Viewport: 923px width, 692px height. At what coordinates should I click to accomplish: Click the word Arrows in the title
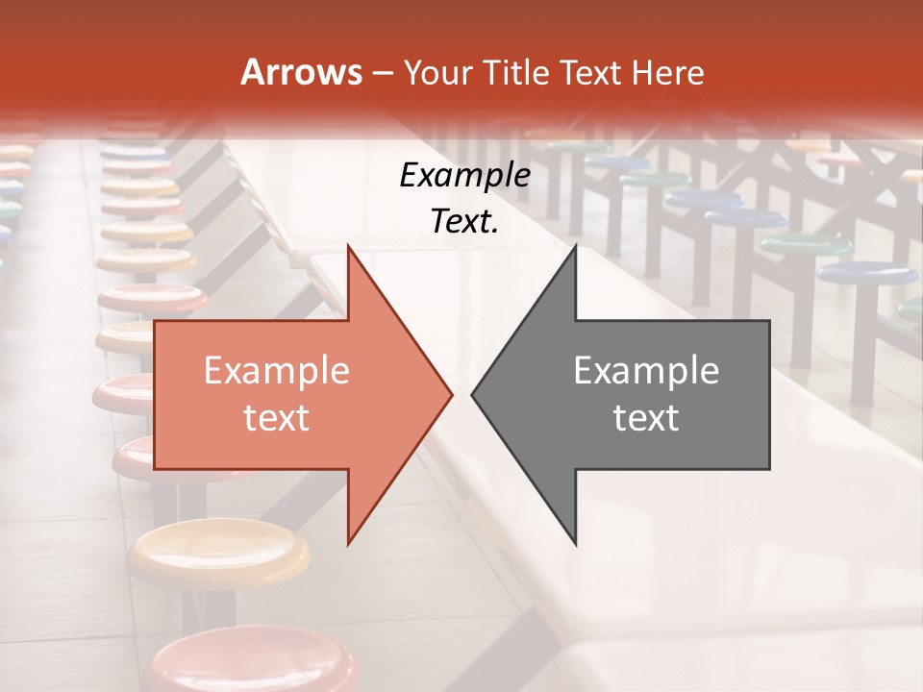click(302, 72)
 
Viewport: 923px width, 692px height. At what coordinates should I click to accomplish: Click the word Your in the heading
click(436, 72)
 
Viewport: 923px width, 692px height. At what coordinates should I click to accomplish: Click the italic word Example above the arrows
click(465, 176)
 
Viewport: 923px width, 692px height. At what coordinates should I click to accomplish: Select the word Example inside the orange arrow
click(277, 370)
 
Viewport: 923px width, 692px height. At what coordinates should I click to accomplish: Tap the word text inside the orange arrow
click(277, 417)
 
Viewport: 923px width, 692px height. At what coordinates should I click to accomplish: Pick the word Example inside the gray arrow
click(646, 370)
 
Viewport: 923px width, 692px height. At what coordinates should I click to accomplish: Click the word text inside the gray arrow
click(646, 417)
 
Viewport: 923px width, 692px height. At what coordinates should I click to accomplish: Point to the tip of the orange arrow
click(452, 394)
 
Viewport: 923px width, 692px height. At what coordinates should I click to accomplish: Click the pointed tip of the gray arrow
click(472, 394)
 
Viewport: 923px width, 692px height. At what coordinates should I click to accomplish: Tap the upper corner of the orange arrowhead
click(348, 245)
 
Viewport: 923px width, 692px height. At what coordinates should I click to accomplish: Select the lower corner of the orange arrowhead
click(348, 544)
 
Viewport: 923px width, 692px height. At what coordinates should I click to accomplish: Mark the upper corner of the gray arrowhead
click(576, 245)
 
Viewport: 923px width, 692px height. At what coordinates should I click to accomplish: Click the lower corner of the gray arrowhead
click(576, 544)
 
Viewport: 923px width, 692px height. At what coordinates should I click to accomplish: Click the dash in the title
click(382, 73)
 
